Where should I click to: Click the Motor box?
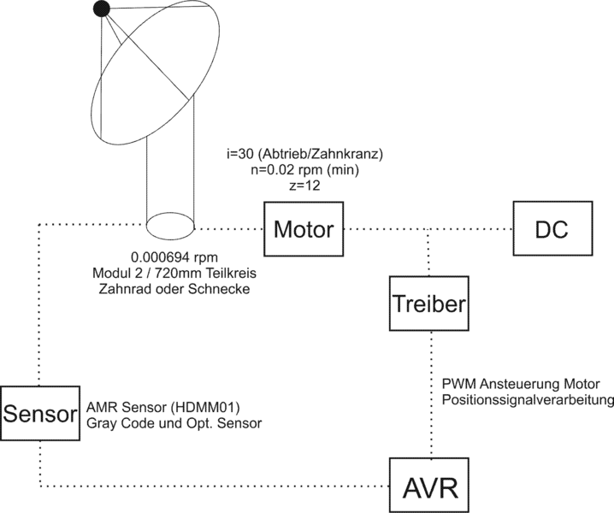pos(304,228)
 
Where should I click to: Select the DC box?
pos(552,228)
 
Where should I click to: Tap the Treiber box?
pos(428,304)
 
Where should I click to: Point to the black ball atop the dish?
pos(102,9)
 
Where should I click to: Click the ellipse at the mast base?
pos(171,227)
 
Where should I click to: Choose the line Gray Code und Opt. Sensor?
pos(174,422)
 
